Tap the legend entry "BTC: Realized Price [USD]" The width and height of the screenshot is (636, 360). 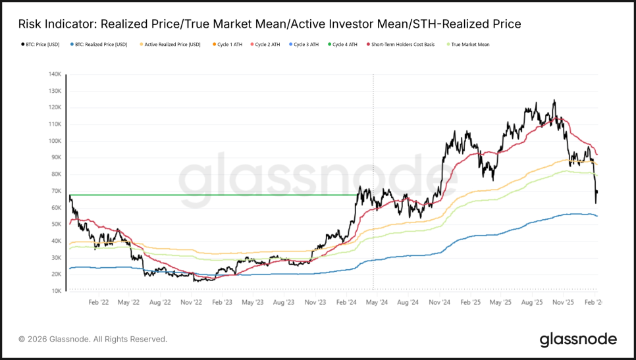click(99, 45)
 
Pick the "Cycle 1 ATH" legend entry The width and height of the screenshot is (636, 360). click(229, 45)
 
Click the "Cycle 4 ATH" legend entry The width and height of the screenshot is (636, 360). click(344, 45)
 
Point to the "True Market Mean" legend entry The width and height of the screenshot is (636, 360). click(469, 45)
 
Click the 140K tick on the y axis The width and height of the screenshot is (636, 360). click(55, 74)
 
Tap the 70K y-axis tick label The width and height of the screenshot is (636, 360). click(56, 191)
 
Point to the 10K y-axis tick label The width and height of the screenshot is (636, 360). click(56, 291)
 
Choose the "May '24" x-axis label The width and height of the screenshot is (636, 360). click(377, 303)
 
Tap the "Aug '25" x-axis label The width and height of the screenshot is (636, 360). click(533, 303)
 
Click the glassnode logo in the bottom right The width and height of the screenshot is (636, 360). click(578, 340)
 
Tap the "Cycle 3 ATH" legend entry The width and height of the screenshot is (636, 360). click(305, 45)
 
